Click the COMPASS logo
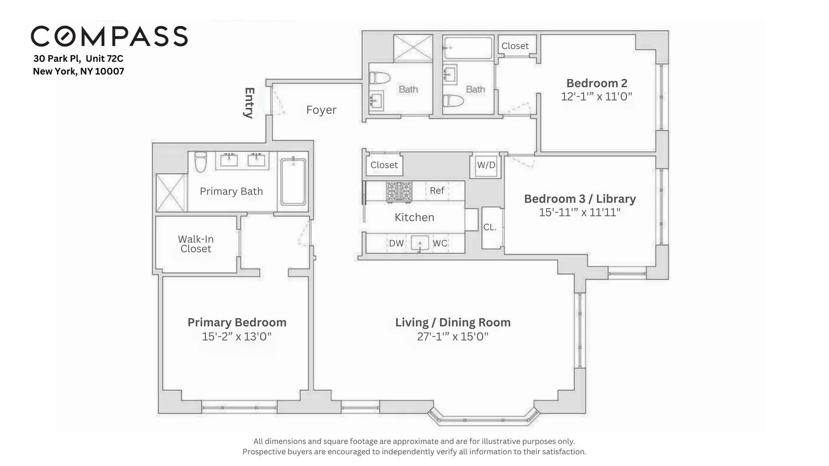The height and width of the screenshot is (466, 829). click(x=109, y=36)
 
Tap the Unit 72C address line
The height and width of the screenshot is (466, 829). click(x=82, y=58)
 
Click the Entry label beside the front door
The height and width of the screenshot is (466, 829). click(x=249, y=103)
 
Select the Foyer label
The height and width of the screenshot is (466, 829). click(x=321, y=110)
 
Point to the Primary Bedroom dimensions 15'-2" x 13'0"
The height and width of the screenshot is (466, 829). click(x=237, y=336)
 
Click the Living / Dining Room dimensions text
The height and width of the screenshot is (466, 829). click(x=453, y=336)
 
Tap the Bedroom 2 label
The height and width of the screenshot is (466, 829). click(x=596, y=83)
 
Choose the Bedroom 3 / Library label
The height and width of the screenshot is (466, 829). click(x=580, y=199)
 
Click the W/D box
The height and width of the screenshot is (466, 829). click(x=486, y=165)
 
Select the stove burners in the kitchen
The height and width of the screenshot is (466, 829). click(x=398, y=191)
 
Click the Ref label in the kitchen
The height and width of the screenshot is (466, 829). click(x=437, y=190)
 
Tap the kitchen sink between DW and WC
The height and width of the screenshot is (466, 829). click(x=420, y=243)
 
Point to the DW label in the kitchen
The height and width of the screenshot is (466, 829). click(x=396, y=243)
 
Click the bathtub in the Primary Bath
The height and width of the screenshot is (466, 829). click(x=293, y=182)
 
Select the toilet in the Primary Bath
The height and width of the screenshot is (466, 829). click(x=200, y=162)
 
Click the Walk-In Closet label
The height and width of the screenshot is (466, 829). click(x=196, y=244)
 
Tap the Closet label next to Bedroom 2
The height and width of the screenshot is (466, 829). click(x=515, y=46)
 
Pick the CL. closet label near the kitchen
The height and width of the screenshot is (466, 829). click(x=490, y=227)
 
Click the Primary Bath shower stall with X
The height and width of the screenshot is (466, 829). click(x=171, y=193)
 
